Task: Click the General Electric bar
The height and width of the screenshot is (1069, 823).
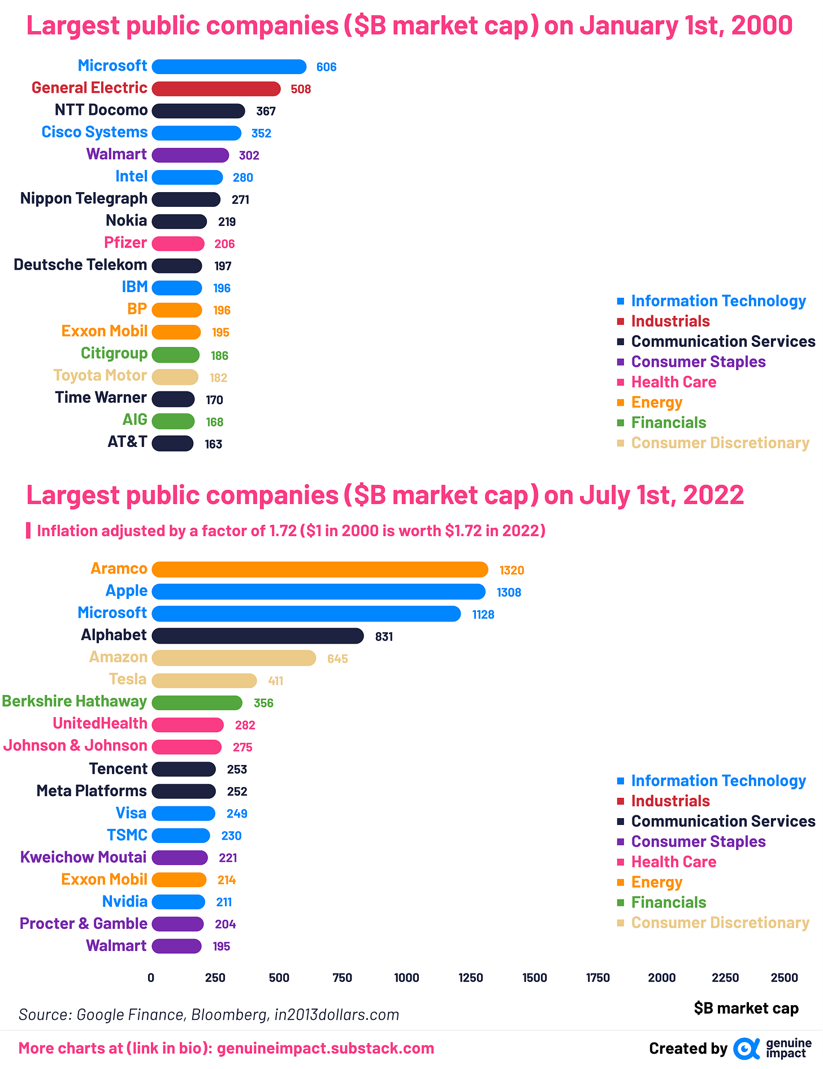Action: tap(216, 89)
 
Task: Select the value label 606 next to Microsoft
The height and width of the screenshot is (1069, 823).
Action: tap(326, 67)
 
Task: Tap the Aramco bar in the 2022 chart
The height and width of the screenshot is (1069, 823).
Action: tap(319, 570)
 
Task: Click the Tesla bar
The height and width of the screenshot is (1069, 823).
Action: tap(204, 680)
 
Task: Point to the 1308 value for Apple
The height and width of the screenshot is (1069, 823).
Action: tap(509, 592)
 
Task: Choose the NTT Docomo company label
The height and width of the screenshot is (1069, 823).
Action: tap(101, 110)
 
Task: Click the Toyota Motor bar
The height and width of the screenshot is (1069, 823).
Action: tap(175, 377)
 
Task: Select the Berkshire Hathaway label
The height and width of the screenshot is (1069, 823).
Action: tap(74, 701)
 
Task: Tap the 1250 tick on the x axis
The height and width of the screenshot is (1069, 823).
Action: tap(470, 977)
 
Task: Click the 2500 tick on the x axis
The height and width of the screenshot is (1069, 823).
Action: tap(784, 977)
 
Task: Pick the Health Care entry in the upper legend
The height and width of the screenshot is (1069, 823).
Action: tap(673, 382)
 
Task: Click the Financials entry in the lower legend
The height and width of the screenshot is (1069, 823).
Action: tap(668, 902)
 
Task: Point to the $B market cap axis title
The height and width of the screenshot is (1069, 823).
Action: tap(746, 1009)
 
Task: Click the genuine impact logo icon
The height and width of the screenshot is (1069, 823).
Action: tap(746, 1049)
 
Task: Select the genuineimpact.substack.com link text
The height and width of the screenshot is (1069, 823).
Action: tap(326, 1049)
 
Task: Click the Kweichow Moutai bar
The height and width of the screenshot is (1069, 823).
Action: tap(179, 858)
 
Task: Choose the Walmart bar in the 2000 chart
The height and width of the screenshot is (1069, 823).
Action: tap(190, 155)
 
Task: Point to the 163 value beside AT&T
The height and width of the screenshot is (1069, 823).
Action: tap(213, 444)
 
